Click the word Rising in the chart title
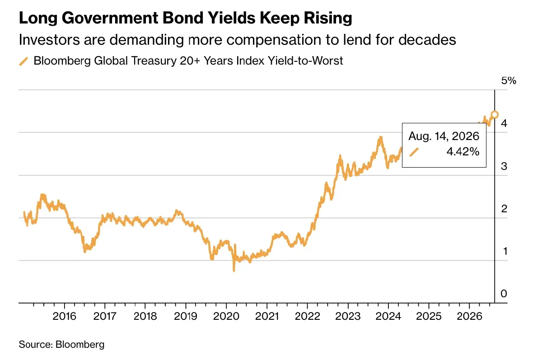(x=328, y=19)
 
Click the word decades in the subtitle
(x=427, y=39)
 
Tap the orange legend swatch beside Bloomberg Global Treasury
(x=23, y=61)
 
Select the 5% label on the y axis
(x=509, y=80)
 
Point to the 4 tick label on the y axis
(x=504, y=123)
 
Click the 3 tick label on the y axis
(x=504, y=166)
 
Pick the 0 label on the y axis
(x=504, y=294)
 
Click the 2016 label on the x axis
(x=64, y=316)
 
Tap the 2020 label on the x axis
(x=226, y=316)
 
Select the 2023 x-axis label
(x=348, y=316)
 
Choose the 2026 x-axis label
(x=469, y=316)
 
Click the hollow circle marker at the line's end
(x=495, y=115)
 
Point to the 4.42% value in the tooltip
(x=463, y=152)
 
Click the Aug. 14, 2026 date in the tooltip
(x=444, y=136)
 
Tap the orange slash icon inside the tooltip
(x=414, y=152)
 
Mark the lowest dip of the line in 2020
(x=234, y=271)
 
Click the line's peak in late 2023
(x=381, y=137)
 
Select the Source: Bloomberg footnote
(x=61, y=345)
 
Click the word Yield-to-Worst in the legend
(x=305, y=61)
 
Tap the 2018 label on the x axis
(x=145, y=316)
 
